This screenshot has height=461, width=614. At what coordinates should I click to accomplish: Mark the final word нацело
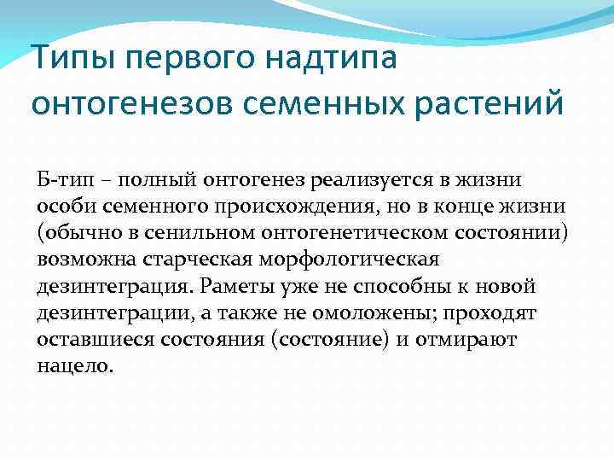click(x=74, y=365)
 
